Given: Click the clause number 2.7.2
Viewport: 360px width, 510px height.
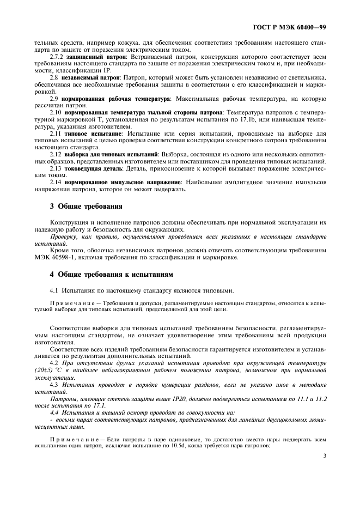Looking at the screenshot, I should pyautogui.click(x=57, y=57).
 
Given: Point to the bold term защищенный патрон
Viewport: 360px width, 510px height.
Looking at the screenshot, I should pyautogui.click(x=96, y=57).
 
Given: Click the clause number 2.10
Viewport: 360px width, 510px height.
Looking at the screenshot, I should pyautogui.click(x=56, y=112).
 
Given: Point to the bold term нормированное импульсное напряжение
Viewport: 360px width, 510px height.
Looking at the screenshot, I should pyautogui.click(x=122, y=183).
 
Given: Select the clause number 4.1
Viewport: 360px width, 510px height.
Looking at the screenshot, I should pyautogui.click(x=54, y=291).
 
